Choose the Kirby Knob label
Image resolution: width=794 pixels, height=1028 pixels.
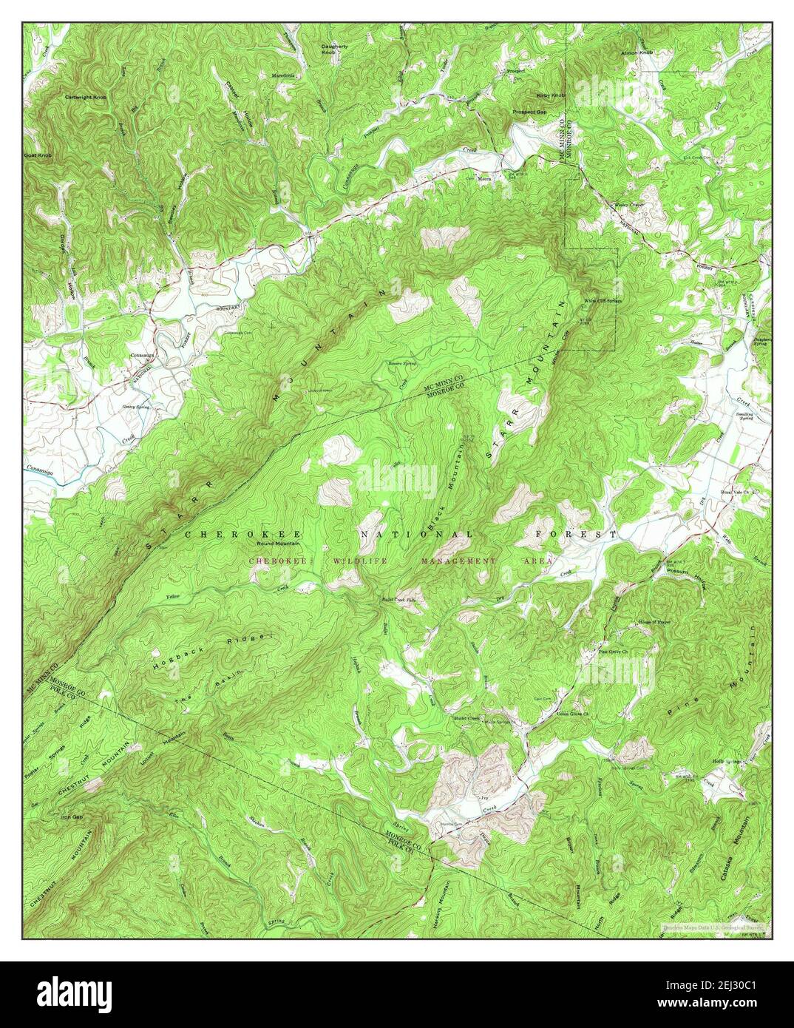(550, 96)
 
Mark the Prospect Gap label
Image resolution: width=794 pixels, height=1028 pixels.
(530, 112)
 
